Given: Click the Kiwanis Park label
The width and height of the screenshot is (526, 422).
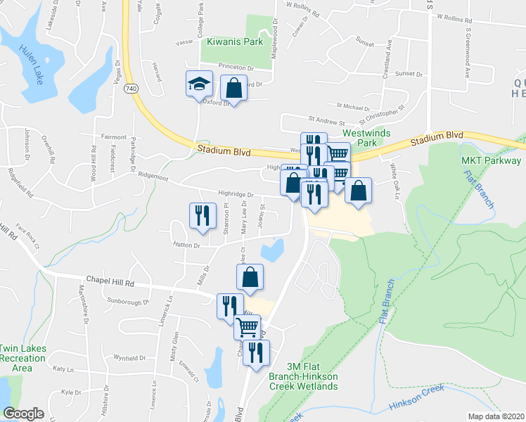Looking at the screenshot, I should (235, 41).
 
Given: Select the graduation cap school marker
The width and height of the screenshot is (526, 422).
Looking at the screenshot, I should (199, 85).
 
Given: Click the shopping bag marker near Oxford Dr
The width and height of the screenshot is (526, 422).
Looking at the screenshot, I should (233, 89).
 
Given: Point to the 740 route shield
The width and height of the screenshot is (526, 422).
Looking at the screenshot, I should (131, 89).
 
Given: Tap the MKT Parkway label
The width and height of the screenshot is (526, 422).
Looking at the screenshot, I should (491, 160).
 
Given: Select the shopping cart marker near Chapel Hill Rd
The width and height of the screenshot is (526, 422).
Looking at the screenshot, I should (248, 327).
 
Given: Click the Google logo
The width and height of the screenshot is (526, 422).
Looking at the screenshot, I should (24, 414).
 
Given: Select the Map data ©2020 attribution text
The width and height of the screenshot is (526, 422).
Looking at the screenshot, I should (496, 416).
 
